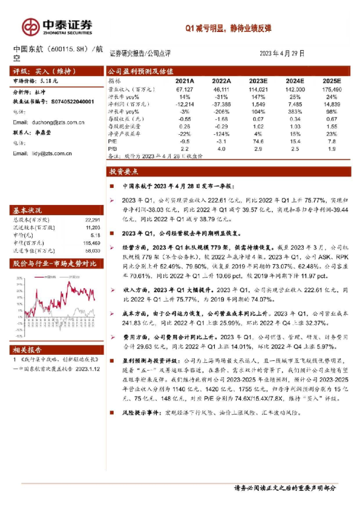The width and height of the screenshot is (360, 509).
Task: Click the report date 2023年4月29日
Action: click(x=282, y=53)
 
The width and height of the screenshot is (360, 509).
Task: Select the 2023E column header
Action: click(x=258, y=80)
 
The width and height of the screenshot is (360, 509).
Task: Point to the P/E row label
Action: click(x=113, y=141)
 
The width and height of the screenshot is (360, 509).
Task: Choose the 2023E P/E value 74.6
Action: click(x=258, y=141)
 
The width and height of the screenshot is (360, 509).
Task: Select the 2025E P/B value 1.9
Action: click(x=332, y=148)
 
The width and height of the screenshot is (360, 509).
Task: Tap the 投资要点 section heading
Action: click(x=125, y=172)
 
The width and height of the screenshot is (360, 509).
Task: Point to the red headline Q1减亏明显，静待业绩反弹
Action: click(x=229, y=27)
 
